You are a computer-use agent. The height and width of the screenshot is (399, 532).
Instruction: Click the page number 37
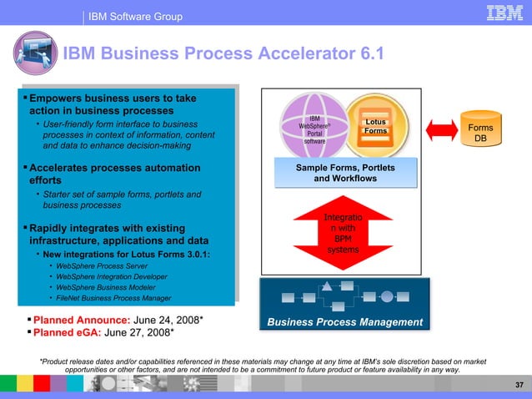tap(519, 384)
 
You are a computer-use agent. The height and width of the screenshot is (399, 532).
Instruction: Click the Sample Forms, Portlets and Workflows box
tap(344, 174)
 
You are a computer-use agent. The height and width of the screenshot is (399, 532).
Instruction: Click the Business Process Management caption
tap(344, 322)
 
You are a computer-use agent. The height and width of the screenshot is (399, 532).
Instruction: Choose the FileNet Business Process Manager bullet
tap(113, 298)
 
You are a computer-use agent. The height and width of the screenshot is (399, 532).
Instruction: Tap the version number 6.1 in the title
tap(366, 54)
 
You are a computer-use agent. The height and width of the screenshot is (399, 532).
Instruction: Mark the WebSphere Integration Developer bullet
tap(109, 277)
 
